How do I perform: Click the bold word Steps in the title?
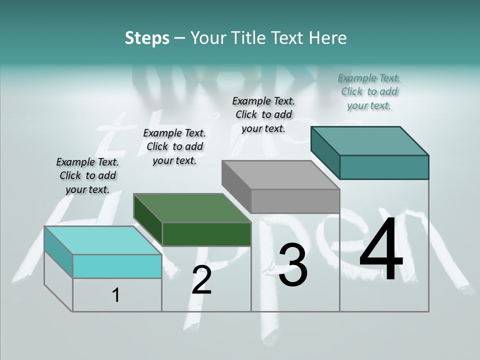point(147,38)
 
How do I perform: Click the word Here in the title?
point(327,38)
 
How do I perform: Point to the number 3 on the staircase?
point(293,265)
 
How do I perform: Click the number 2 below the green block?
point(202,280)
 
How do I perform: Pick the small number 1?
point(116,295)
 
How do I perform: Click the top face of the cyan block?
point(103,240)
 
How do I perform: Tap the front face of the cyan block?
point(117,266)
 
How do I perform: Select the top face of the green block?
point(192,207)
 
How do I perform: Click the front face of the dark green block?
point(206,234)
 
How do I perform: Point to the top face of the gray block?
point(280,175)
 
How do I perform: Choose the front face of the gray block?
point(295,201)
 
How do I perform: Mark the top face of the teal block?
point(369,140)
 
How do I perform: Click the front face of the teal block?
point(384,167)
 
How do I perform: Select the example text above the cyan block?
point(87,175)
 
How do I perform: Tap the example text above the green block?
point(174,146)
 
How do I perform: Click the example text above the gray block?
point(263,114)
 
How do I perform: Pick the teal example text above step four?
point(369,91)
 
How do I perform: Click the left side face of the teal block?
point(325,153)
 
